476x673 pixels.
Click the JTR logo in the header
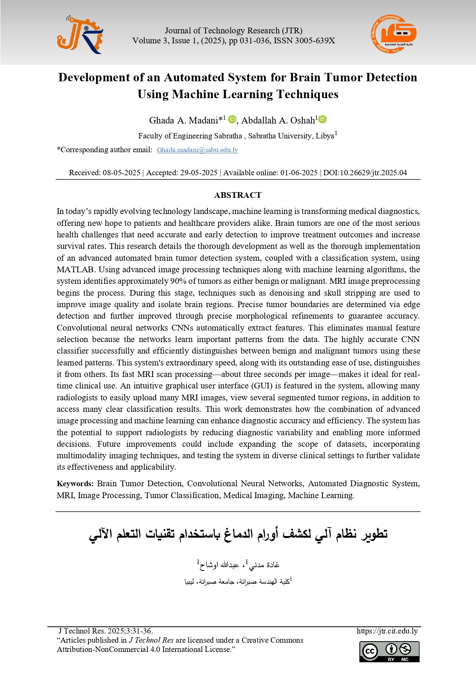coord(80,35)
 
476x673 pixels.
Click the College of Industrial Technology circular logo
coord(393,35)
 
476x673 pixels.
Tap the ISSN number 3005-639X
coord(315,41)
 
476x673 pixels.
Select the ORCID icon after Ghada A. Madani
coord(232,120)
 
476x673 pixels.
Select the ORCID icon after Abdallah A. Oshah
coord(323,120)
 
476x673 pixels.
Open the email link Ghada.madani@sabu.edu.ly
coord(197,150)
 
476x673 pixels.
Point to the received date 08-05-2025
coord(121,173)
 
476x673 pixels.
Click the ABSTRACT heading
coord(238,195)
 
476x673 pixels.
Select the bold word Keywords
coord(75,484)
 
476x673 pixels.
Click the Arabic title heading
coord(238,534)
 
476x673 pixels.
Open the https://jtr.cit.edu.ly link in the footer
coord(387,631)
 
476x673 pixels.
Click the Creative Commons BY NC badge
coord(389,652)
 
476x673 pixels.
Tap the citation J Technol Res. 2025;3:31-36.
coord(105,631)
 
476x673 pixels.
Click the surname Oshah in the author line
coord(303,120)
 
